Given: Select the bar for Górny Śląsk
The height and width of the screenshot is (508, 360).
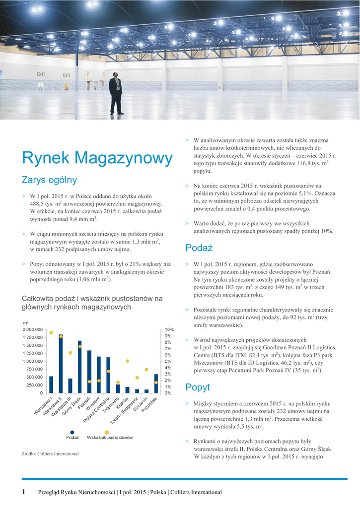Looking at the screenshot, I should click(x=79, y=367).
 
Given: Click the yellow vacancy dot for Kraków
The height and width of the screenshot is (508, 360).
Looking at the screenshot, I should click(x=127, y=361).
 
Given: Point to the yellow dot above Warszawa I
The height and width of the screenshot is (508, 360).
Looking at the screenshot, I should click(x=51, y=332).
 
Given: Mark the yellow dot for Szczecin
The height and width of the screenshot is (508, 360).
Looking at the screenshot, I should click(x=146, y=370).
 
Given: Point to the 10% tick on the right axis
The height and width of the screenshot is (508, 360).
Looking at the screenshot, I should click(x=169, y=329).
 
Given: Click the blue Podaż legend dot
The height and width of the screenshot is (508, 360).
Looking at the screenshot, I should click(x=72, y=432).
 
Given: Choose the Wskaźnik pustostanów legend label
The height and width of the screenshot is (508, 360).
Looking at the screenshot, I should click(x=110, y=438).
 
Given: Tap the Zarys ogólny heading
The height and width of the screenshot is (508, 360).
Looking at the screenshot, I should click(x=49, y=180).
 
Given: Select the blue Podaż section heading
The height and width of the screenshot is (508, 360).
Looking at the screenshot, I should click(x=199, y=248).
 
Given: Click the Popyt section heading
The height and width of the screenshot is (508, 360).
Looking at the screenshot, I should click(x=198, y=387).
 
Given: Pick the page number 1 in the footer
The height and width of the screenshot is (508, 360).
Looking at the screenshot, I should click(x=23, y=492).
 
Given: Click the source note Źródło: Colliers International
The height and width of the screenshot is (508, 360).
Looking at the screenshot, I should click(x=50, y=454).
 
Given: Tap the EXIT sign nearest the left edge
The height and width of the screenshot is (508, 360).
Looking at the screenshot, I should click(x=41, y=74).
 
